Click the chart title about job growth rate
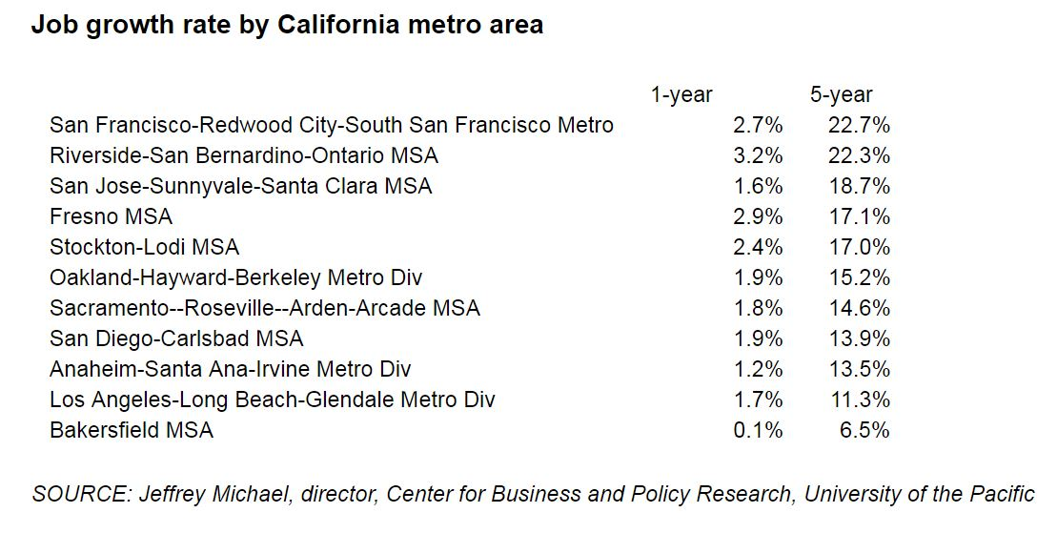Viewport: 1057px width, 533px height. [287, 25]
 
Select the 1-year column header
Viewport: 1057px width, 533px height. [681, 94]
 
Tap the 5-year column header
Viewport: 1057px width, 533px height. [842, 94]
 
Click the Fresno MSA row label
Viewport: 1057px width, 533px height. [111, 216]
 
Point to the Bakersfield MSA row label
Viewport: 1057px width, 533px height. [132, 430]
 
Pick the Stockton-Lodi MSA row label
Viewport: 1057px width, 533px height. [144, 247]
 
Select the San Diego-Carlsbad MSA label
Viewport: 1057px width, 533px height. [176, 338]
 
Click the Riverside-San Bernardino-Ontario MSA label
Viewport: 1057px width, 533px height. [244, 155]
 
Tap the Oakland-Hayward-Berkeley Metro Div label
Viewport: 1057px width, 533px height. [235, 277]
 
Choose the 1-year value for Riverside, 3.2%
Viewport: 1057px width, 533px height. [758, 155]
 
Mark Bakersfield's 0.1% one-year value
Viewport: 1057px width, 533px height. [758, 430]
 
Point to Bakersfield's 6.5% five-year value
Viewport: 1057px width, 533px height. [864, 430]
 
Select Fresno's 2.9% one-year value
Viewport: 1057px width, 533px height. [758, 216]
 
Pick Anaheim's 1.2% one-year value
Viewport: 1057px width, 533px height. [758, 369]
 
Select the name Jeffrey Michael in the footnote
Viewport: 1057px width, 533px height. [202, 494]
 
